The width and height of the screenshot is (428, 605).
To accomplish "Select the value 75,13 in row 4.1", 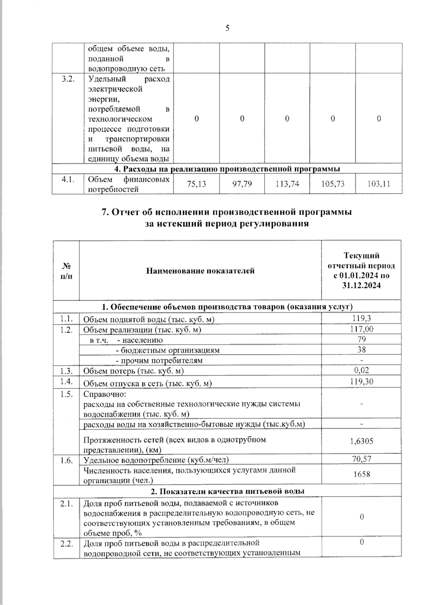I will click(x=197, y=184).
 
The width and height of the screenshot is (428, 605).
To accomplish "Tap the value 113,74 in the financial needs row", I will click(x=287, y=184).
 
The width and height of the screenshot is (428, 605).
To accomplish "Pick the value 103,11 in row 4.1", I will click(x=379, y=184).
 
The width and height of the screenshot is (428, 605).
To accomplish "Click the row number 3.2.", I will click(x=68, y=79).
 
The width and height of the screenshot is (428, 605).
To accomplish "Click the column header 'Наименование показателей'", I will click(x=200, y=271).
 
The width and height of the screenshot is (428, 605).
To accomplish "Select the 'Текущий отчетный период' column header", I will click(x=361, y=270).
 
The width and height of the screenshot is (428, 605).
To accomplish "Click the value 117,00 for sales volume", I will click(x=362, y=329).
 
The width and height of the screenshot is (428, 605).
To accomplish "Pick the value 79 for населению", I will click(x=362, y=339).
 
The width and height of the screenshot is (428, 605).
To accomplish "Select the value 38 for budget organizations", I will click(x=362, y=350).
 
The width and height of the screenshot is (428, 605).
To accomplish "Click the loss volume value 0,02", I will click(x=362, y=370).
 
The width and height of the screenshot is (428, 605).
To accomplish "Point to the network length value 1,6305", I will click(x=362, y=441).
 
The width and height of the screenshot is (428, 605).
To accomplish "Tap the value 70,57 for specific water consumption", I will click(x=362, y=459).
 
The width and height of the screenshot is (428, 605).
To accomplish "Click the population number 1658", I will click(x=362, y=474).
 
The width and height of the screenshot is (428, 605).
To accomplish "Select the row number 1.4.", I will click(x=67, y=381).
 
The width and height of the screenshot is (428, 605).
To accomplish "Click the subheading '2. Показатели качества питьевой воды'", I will click(x=227, y=491).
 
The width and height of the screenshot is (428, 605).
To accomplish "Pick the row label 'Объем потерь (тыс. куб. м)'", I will click(x=133, y=371).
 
